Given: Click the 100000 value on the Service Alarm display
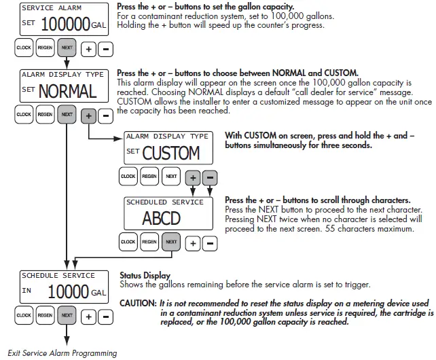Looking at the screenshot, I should [x=66, y=25].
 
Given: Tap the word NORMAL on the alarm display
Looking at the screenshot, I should [x=67, y=90].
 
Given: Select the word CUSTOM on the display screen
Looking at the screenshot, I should [x=170, y=153].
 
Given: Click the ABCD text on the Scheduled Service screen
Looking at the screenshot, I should [x=162, y=219].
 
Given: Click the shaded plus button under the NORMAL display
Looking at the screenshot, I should [x=88, y=115].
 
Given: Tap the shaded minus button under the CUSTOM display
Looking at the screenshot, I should [x=210, y=177].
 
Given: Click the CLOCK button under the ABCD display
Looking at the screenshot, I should [x=128, y=242].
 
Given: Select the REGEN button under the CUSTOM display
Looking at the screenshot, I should [x=149, y=177].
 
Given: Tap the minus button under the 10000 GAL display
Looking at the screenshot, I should [x=105, y=317].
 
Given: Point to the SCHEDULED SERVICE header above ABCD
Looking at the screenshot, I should [x=164, y=202].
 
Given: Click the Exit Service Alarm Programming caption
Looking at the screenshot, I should [x=62, y=353].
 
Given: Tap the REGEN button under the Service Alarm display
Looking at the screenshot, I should [x=45, y=48].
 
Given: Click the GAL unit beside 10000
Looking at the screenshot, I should [x=99, y=293].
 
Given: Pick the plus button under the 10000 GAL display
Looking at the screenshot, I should [x=88, y=317].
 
